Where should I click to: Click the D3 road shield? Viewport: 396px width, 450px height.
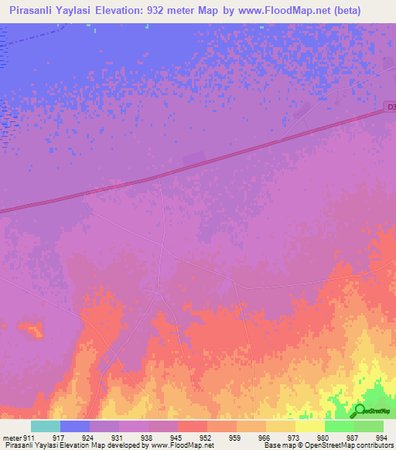pyautogui.click(x=390, y=107)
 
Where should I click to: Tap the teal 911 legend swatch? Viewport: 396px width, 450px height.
pyautogui.click(x=46, y=426)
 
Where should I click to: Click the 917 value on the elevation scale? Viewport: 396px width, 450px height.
pyautogui.click(x=59, y=438)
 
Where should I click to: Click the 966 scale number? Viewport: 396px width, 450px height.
pyautogui.click(x=265, y=438)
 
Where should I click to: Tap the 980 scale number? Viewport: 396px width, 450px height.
pyautogui.click(x=324, y=438)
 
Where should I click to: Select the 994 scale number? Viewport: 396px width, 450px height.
pyautogui.click(x=383, y=438)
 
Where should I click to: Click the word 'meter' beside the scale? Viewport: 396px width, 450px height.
pyautogui.click(x=10, y=438)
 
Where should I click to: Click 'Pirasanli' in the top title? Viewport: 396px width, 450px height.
pyautogui.click(x=29, y=11)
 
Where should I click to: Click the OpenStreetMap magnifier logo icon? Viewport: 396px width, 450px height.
pyautogui.click(x=359, y=411)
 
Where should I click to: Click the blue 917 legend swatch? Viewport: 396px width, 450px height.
pyautogui.click(x=75, y=426)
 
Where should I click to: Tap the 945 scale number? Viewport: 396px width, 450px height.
pyautogui.click(x=177, y=438)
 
